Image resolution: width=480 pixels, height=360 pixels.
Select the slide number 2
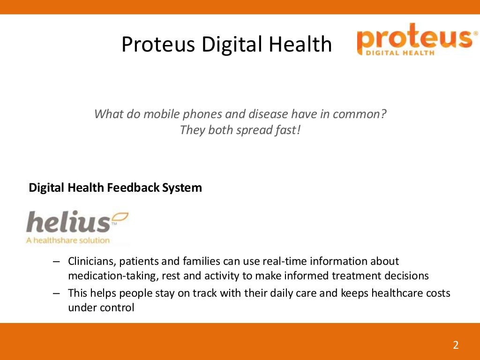tap(456, 345)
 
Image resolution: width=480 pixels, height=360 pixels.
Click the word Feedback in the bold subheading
tap(134, 188)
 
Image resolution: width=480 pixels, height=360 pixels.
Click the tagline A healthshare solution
tap(67, 240)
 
